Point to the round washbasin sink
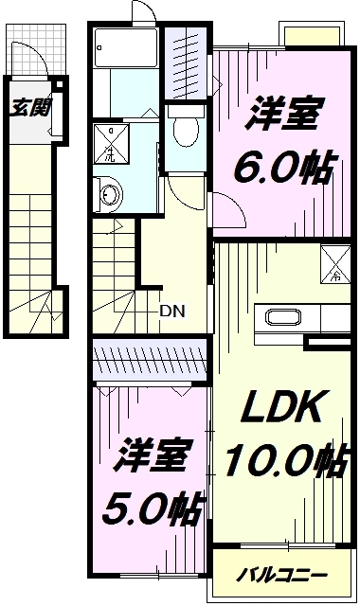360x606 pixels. [x=110, y=195]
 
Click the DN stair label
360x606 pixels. [x=171, y=309]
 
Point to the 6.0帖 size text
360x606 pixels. [x=283, y=170]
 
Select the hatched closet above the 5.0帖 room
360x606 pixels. [x=151, y=362]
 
